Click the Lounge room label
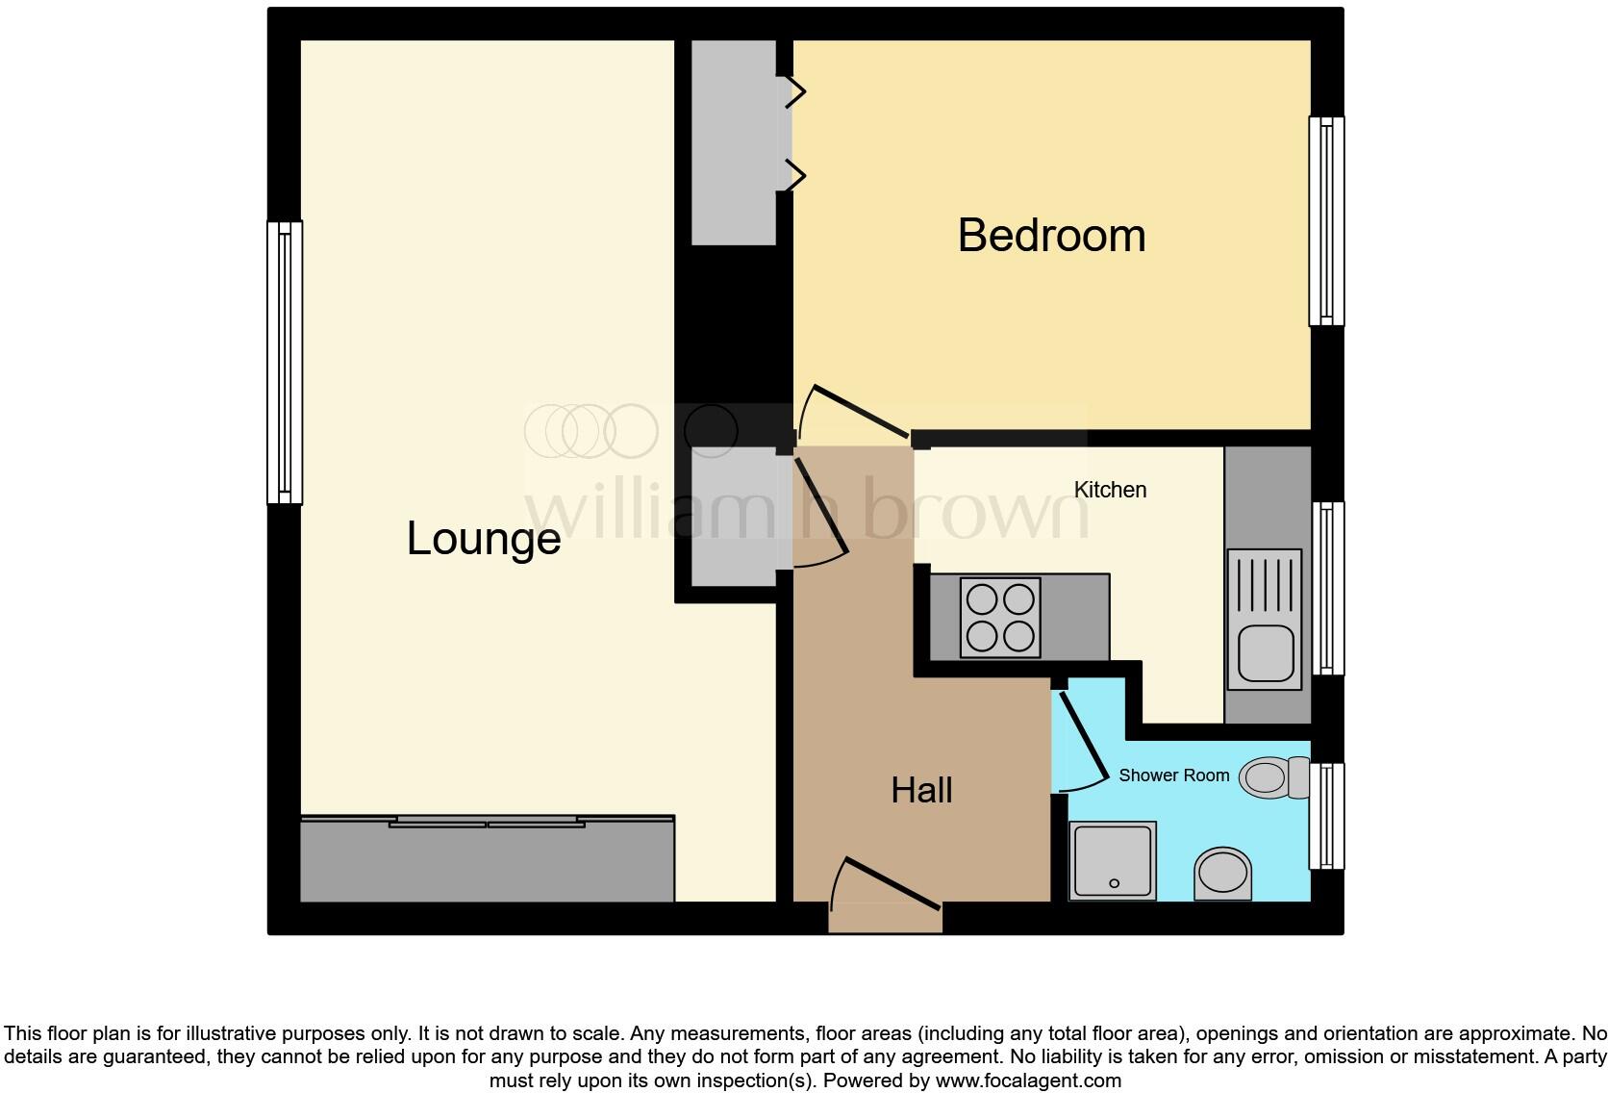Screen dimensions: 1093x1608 (484, 538)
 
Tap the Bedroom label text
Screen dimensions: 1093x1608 (1051, 236)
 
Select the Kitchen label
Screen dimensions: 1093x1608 (1110, 490)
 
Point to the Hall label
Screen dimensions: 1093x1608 (921, 790)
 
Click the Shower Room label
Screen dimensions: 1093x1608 (1173, 775)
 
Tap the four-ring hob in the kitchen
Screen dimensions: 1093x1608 (1001, 617)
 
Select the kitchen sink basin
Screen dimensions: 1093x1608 (1264, 653)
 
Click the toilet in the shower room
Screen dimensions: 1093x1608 (1271, 777)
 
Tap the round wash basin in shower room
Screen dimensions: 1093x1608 (1223, 873)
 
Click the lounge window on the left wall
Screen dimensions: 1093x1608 (285, 363)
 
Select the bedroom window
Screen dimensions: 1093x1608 (1326, 221)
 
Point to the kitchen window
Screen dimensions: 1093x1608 (1328, 588)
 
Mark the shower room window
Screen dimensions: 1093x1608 (1327, 816)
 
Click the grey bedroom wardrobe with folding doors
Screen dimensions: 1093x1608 (734, 142)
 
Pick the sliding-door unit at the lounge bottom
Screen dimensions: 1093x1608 (487, 859)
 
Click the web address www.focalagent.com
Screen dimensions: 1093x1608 (1027, 1080)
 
